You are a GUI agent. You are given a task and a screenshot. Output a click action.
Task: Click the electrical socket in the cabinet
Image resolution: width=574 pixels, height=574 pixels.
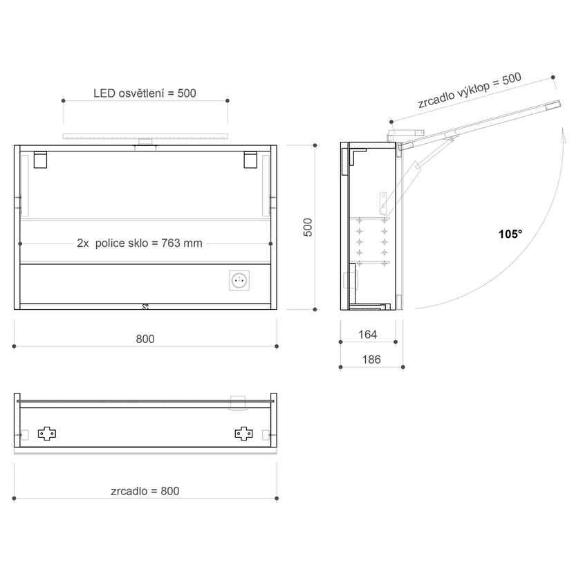click(239, 280)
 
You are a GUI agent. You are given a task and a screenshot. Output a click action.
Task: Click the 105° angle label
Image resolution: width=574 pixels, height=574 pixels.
click(510, 234)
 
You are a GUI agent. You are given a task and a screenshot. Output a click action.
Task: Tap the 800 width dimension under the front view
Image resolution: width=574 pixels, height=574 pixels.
click(145, 339)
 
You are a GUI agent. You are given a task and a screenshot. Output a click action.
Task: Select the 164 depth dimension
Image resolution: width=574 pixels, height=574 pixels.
click(367, 334)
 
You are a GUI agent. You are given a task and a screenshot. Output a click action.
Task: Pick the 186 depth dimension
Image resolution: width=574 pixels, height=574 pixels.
click(371, 360)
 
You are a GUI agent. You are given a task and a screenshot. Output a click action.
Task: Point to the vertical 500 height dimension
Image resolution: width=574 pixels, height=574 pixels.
click(308, 228)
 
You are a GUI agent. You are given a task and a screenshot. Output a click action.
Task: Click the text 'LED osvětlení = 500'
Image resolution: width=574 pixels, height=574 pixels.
click(145, 93)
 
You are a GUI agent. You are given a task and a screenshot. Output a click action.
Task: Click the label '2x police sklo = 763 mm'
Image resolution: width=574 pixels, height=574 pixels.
click(140, 243)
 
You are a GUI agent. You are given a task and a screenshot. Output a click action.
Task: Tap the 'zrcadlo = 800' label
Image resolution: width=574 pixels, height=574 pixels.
click(145, 491)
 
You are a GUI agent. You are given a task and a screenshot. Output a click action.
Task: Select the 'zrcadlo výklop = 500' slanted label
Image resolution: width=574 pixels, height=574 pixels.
click(470, 90)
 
